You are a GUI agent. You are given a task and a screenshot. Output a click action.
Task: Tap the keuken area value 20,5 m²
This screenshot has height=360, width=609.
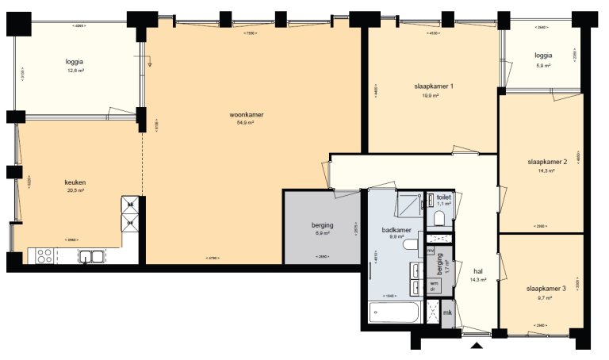pos(75,190)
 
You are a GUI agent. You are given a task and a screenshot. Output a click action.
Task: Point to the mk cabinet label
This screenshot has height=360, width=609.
pos(447,313)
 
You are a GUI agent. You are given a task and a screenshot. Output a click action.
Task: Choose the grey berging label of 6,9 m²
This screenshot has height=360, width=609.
pos(322,226)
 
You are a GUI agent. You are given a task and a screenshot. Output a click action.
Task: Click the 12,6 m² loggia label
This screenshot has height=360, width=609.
pos(76,61)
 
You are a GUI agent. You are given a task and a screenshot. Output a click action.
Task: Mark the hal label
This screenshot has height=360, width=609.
pos(478,270)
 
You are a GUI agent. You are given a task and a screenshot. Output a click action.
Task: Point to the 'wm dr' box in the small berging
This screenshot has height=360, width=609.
pos(434,285)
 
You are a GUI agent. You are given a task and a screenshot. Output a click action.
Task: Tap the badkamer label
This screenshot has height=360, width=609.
pos(397,229)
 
